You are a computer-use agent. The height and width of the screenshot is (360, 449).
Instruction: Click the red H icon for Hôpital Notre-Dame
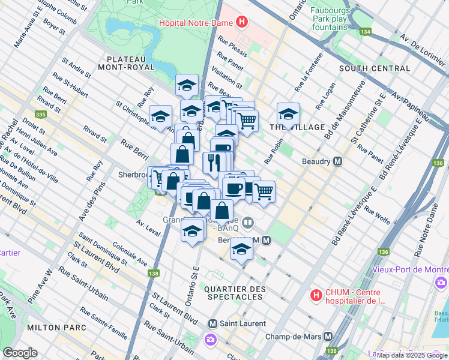pos(241,23)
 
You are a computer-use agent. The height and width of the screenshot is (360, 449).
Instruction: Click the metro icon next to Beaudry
pos(338,161)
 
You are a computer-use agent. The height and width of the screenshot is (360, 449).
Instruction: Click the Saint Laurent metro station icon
pos(211,323)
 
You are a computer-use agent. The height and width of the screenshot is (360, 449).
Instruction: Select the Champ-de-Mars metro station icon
pos(328,337)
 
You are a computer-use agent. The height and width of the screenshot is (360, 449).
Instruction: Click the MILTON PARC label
pos(55,327)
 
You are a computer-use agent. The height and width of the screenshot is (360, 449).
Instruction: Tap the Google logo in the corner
pos(20,353)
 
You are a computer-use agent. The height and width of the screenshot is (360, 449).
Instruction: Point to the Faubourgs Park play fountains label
pos(337,19)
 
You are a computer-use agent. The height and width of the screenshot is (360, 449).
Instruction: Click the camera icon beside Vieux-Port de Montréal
pos(442,282)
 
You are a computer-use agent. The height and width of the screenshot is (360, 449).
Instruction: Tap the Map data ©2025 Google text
pos(412,355)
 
